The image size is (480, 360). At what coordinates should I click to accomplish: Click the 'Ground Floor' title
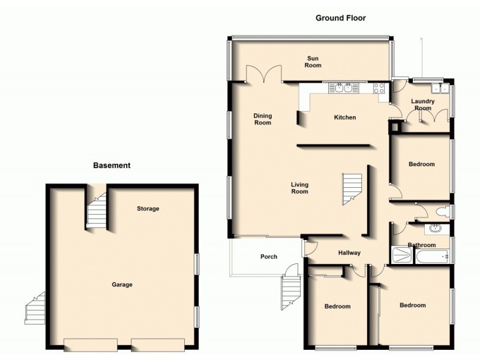(x=340, y=18)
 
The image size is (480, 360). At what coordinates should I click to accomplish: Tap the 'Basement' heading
(x=112, y=165)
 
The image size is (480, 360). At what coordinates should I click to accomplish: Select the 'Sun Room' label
(x=312, y=62)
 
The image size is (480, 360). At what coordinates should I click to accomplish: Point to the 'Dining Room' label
(x=263, y=119)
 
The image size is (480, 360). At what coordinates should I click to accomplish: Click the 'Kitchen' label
(x=345, y=118)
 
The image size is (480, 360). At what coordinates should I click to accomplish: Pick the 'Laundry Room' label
(x=423, y=105)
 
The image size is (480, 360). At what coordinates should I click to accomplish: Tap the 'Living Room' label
(x=299, y=188)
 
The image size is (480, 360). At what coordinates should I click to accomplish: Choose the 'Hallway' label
(x=349, y=253)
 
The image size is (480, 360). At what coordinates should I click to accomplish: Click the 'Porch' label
(x=269, y=257)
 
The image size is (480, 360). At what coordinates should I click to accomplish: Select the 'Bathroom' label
(x=422, y=245)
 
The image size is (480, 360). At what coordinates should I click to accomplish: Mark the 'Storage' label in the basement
(x=148, y=209)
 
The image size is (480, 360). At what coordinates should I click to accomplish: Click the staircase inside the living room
(x=352, y=189)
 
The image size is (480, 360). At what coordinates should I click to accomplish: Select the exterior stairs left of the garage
(x=35, y=308)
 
